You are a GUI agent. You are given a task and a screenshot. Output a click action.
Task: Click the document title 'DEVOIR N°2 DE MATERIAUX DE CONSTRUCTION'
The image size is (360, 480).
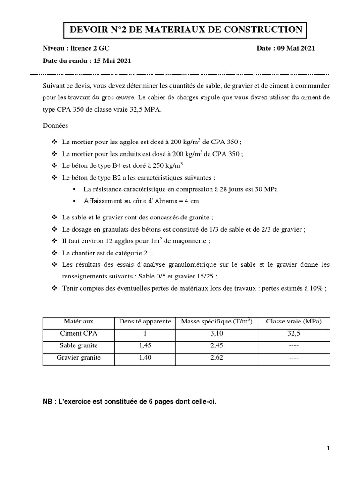(x=186, y=30)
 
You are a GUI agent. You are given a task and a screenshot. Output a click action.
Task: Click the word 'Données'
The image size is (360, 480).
(x=55, y=126)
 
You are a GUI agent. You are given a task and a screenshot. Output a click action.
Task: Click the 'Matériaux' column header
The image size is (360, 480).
(x=79, y=322)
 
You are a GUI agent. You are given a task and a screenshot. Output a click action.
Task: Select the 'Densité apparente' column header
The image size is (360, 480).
(x=144, y=322)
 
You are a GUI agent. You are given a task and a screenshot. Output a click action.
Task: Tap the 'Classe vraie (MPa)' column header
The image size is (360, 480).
(x=293, y=322)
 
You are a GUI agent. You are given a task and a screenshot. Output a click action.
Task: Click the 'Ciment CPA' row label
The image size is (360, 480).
(x=79, y=334)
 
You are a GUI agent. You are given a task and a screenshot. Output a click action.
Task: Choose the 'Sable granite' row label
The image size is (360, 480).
(x=79, y=346)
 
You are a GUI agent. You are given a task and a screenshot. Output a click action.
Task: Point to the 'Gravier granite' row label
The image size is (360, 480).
(x=79, y=358)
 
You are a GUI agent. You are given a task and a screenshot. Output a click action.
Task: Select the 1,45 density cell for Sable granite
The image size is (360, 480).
(x=144, y=346)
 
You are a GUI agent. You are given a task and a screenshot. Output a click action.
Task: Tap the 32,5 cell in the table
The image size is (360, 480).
(x=293, y=334)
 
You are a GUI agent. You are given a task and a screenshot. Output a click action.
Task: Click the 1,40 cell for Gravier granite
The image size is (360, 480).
(x=144, y=358)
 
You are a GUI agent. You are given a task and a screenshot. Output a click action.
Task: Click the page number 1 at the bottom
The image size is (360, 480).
(x=328, y=449)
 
